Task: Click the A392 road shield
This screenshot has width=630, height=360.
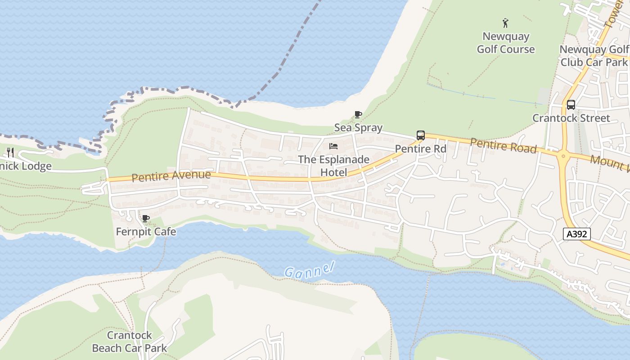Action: tap(576, 234)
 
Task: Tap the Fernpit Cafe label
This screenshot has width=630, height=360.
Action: tap(146, 232)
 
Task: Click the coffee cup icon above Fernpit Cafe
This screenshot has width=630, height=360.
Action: tap(145, 219)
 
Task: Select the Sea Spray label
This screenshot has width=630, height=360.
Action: tap(358, 128)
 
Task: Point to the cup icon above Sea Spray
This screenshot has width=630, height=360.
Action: tap(358, 114)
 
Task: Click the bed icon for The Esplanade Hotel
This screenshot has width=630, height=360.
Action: tap(333, 146)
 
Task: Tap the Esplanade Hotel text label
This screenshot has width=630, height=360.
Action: tap(333, 166)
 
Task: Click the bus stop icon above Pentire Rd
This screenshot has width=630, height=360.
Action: tap(420, 135)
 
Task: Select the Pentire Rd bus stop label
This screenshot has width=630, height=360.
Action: tap(420, 148)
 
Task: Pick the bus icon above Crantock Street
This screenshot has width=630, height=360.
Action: tap(571, 105)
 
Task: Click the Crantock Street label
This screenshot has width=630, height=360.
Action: tap(571, 118)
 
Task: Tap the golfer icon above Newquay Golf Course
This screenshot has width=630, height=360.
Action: tap(505, 23)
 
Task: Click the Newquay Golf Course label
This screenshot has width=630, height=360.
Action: tap(506, 43)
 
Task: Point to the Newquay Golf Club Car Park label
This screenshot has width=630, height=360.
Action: tap(594, 56)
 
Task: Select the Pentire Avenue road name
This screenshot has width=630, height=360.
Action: tap(171, 175)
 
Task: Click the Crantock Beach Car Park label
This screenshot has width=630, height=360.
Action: tap(129, 342)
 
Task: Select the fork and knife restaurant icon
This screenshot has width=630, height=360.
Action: tap(10, 153)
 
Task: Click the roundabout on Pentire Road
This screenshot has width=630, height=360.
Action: tap(562, 157)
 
